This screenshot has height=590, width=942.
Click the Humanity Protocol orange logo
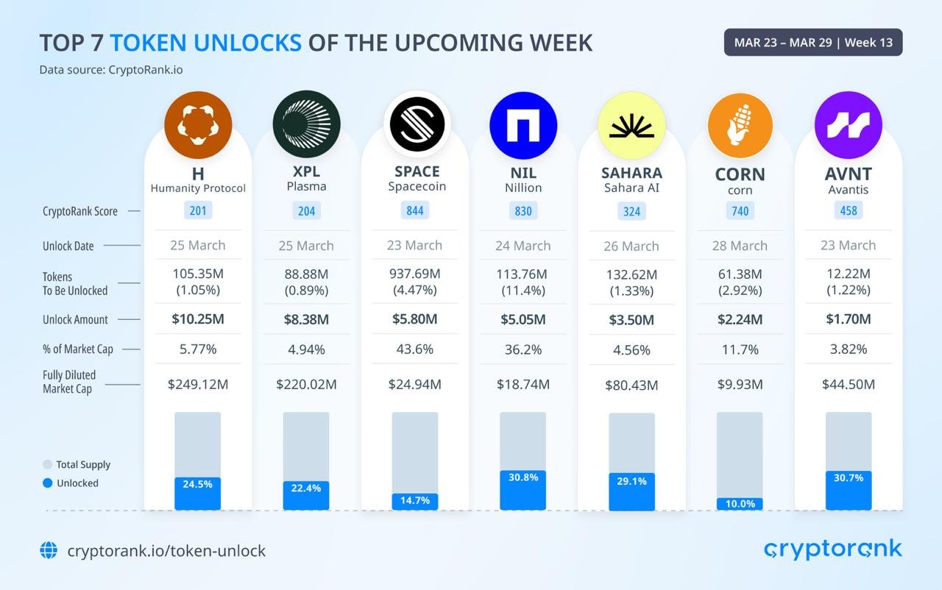click(198, 125)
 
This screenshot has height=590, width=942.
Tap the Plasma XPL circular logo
click(306, 125)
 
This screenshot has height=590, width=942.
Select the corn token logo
click(740, 126)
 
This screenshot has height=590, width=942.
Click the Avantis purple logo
click(848, 125)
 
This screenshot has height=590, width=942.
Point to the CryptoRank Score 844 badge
click(415, 211)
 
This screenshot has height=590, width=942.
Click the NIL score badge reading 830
click(523, 211)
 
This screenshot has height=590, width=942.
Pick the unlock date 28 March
click(740, 246)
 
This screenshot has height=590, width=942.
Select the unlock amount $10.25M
click(198, 319)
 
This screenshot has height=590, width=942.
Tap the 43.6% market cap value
click(415, 349)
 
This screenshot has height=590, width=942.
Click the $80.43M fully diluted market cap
click(631, 385)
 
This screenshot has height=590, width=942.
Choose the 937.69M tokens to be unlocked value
click(415, 274)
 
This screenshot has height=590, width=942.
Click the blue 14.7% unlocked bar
click(415, 501)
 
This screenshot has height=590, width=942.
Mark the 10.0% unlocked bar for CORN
click(740, 504)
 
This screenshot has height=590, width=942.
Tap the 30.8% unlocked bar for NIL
click(523, 490)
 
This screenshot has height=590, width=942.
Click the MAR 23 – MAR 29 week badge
click(813, 43)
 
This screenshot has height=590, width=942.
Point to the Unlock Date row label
click(68, 246)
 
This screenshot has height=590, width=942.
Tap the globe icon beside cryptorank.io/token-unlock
click(49, 550)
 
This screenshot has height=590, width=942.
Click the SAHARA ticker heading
click(631, 173)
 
